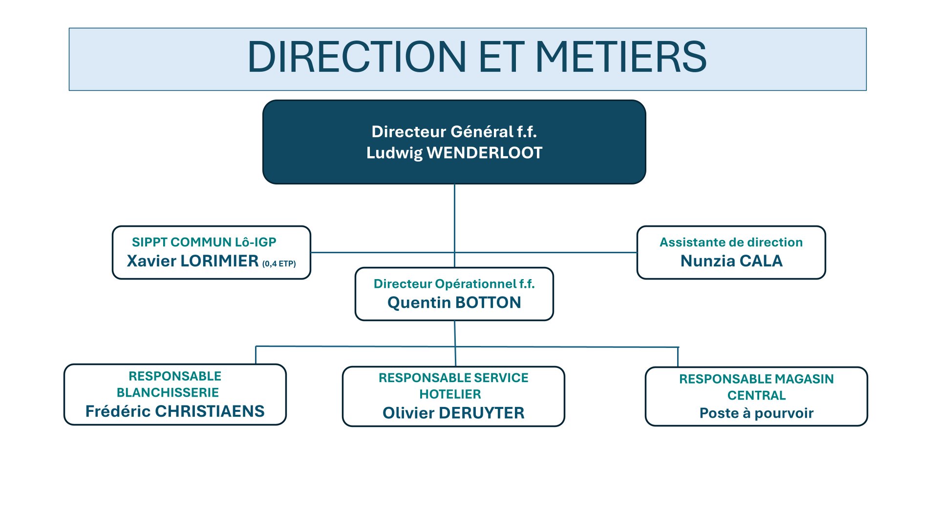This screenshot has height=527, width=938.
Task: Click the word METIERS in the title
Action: pos(621,57)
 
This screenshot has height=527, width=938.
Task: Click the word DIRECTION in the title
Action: pos(357,57)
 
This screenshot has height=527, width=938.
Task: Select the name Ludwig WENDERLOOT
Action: pos(454,153)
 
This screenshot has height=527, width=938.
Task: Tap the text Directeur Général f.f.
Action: pos(454,132)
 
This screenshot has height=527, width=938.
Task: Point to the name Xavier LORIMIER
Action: pos(192,261)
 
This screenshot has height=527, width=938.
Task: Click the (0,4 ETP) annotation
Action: pos(279,264)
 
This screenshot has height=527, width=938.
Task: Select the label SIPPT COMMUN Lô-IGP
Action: pos(204,242)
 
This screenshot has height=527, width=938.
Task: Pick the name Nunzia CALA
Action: pos(731,261)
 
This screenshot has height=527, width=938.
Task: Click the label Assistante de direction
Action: pos(731,242)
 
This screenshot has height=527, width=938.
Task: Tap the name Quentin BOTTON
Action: pos(454,303)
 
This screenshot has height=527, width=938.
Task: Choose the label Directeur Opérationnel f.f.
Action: pos(454,284)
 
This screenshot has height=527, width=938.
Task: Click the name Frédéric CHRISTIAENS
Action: pos(175,411)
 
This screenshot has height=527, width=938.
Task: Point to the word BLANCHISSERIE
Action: pos(168,392)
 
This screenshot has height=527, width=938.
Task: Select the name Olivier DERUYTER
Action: pos(453,413)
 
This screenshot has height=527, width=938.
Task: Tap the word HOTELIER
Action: pos(450,394)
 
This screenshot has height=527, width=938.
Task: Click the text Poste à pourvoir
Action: pos(756,413)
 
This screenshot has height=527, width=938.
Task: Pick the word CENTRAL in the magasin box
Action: pos(756,395)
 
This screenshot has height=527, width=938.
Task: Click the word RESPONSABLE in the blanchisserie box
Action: pos(175,376)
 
